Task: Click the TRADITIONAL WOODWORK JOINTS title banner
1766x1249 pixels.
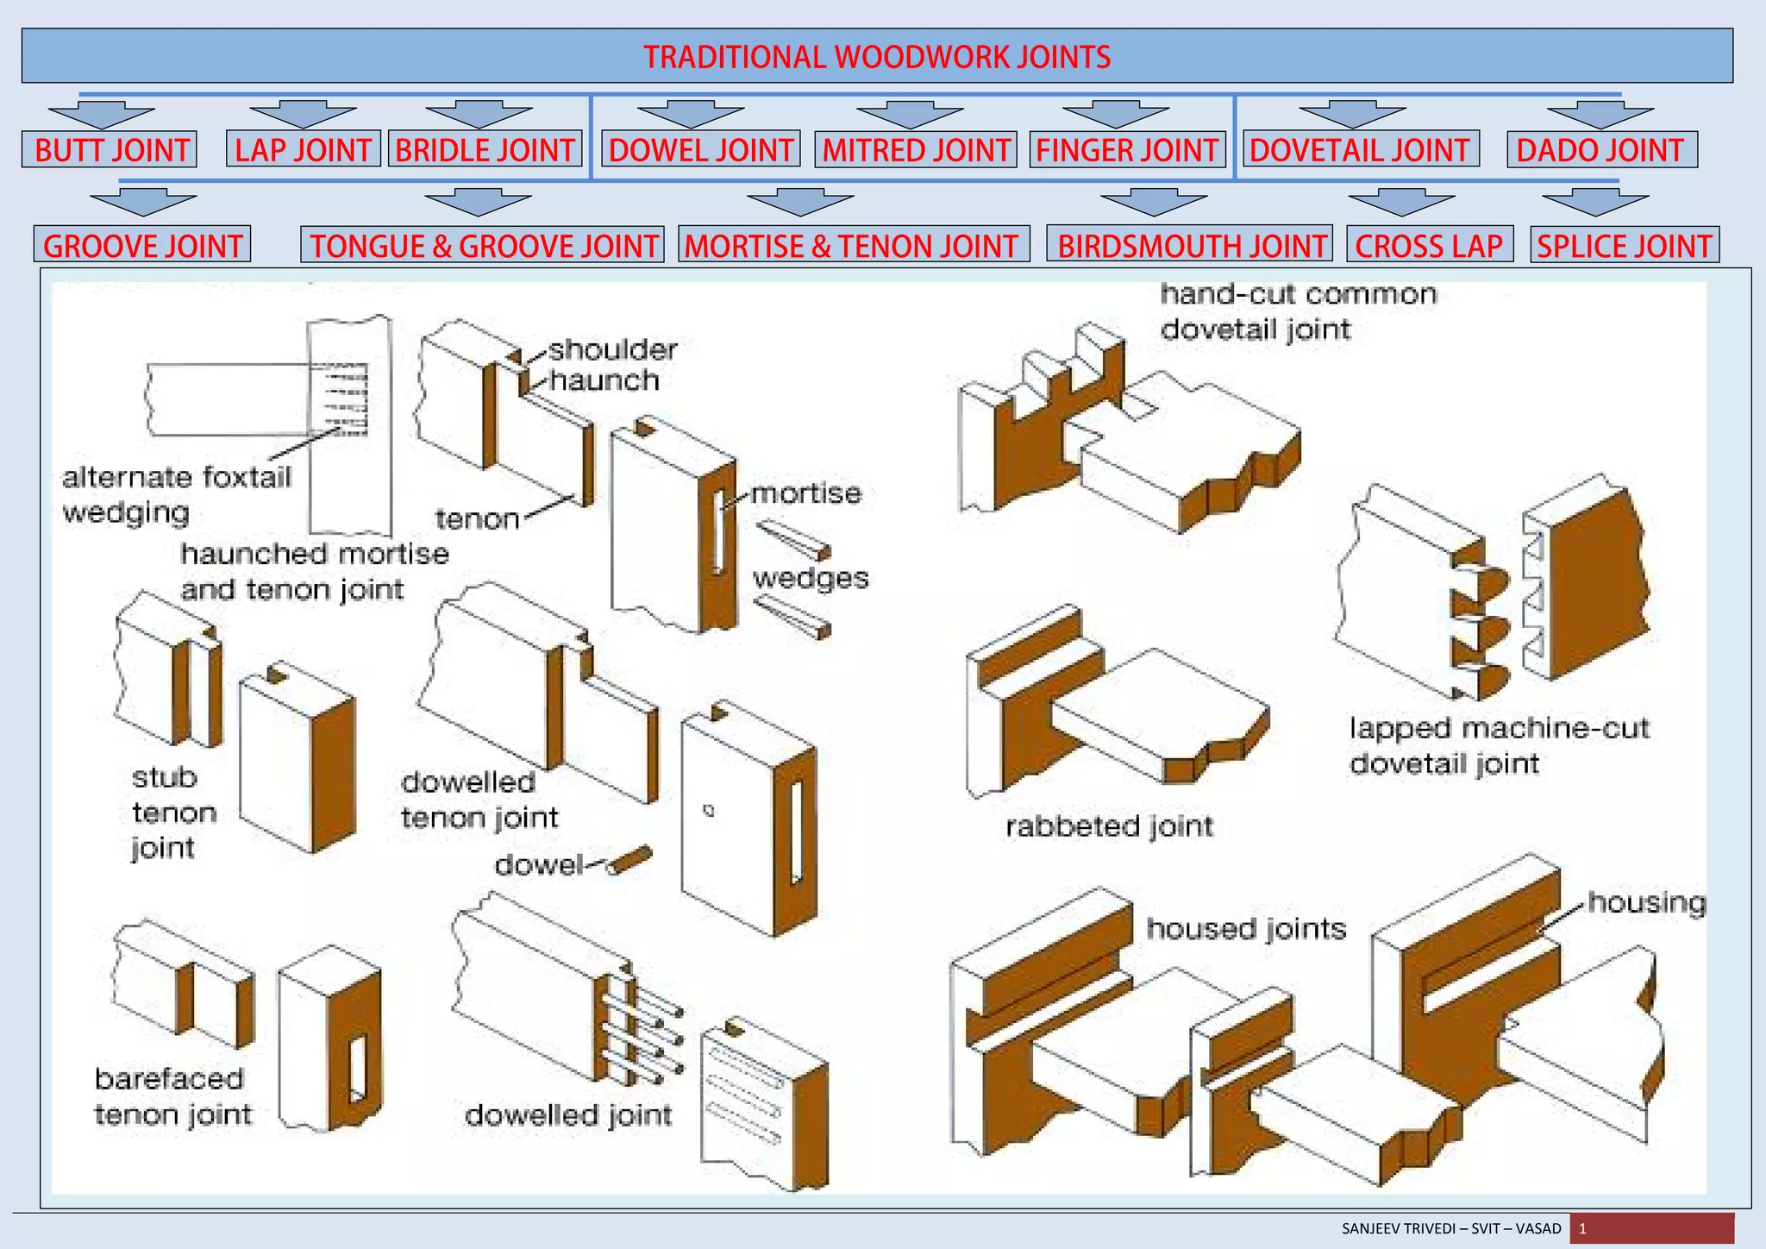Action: pos(877,56)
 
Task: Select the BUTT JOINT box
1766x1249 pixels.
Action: pos(110,150)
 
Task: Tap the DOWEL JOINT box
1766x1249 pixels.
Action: pos(700,150)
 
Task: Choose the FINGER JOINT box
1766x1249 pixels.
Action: pos(1126,150)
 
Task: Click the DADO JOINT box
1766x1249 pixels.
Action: pos(1600,150)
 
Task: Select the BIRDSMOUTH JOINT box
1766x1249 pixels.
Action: pos(1190,246)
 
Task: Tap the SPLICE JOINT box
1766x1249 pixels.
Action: pos(1624,246)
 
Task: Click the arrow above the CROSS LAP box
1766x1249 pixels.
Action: pos(1401,204)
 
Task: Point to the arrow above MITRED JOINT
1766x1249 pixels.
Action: pos(910,115)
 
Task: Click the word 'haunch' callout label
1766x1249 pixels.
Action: pos(604,380)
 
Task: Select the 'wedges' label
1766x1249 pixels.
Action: pos(811,578)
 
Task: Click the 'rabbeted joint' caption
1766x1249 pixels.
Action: pos(1109,826)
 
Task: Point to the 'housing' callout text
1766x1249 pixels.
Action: pos(1646,902)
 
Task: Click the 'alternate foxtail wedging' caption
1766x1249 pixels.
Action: pos(177,494)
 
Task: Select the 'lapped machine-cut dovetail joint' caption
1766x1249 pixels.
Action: pos(1499,746)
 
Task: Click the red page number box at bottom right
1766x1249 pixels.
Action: pos(1651,1228)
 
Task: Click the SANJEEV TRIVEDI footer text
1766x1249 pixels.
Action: pos(1451,1228)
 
